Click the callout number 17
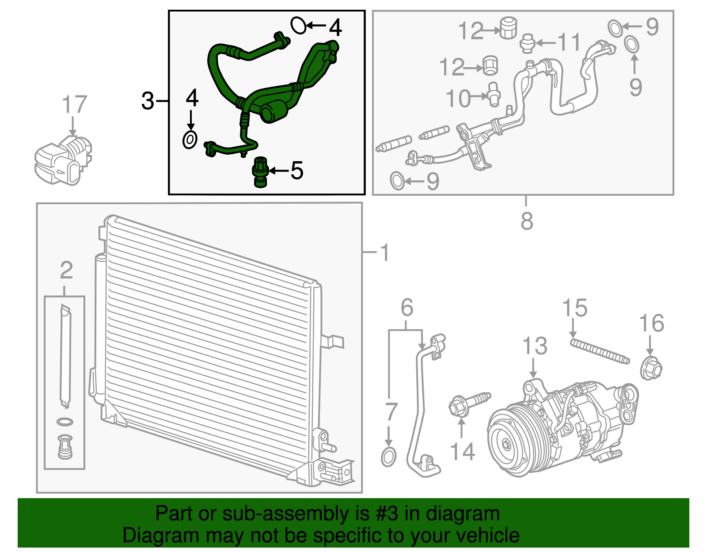(75, 104)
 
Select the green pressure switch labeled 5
(260, 172)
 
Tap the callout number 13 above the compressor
(535, 346)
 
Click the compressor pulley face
(508, 445)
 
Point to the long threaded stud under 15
(600, 351)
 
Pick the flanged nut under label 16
(651, 369)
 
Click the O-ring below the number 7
(388, 457)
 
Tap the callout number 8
(527, 221)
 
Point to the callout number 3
(148, 101)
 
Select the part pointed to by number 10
(494, 94)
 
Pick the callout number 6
(407, 308)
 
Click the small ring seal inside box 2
(65, 422)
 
